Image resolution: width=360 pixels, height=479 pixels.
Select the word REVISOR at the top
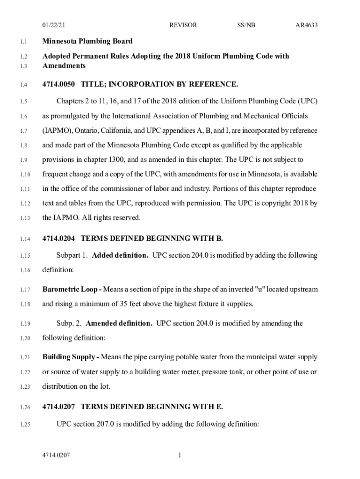click(183, 25)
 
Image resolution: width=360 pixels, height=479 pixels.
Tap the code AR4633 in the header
click(306, 25)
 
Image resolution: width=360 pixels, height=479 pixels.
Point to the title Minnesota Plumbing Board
click(87, 41)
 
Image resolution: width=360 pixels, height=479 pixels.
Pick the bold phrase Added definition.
click(120, 255)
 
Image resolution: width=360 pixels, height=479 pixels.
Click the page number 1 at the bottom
click(180, 455)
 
